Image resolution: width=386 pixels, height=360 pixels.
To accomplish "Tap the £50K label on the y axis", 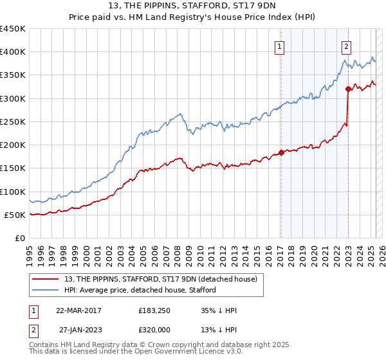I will pos(15,215).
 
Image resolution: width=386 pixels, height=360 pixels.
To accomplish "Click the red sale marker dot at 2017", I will pos(281,152).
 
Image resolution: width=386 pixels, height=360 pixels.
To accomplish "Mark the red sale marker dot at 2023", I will pos(348,89).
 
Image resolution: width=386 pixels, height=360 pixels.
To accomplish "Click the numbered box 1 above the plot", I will pos(280,46).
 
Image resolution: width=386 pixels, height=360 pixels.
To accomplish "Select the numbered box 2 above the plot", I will pos(347,46).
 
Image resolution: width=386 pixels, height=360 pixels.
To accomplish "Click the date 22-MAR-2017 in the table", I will pos(80,310).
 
